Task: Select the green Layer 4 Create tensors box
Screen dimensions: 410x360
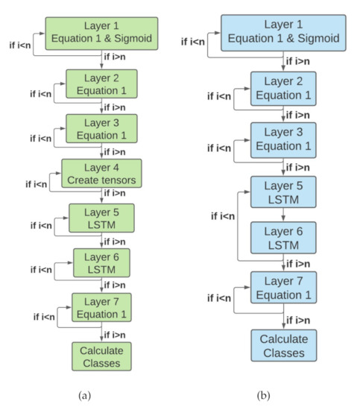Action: tap(101, 175)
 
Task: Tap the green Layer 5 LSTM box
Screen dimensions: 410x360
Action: tap(101, 218)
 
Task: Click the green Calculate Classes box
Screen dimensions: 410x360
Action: tap(101, 354)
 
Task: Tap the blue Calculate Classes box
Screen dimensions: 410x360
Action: tap(282, 347)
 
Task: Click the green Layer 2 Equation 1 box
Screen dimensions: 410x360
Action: tap(101, 85)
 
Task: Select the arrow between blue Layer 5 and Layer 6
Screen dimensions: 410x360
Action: tap(282, 217)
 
